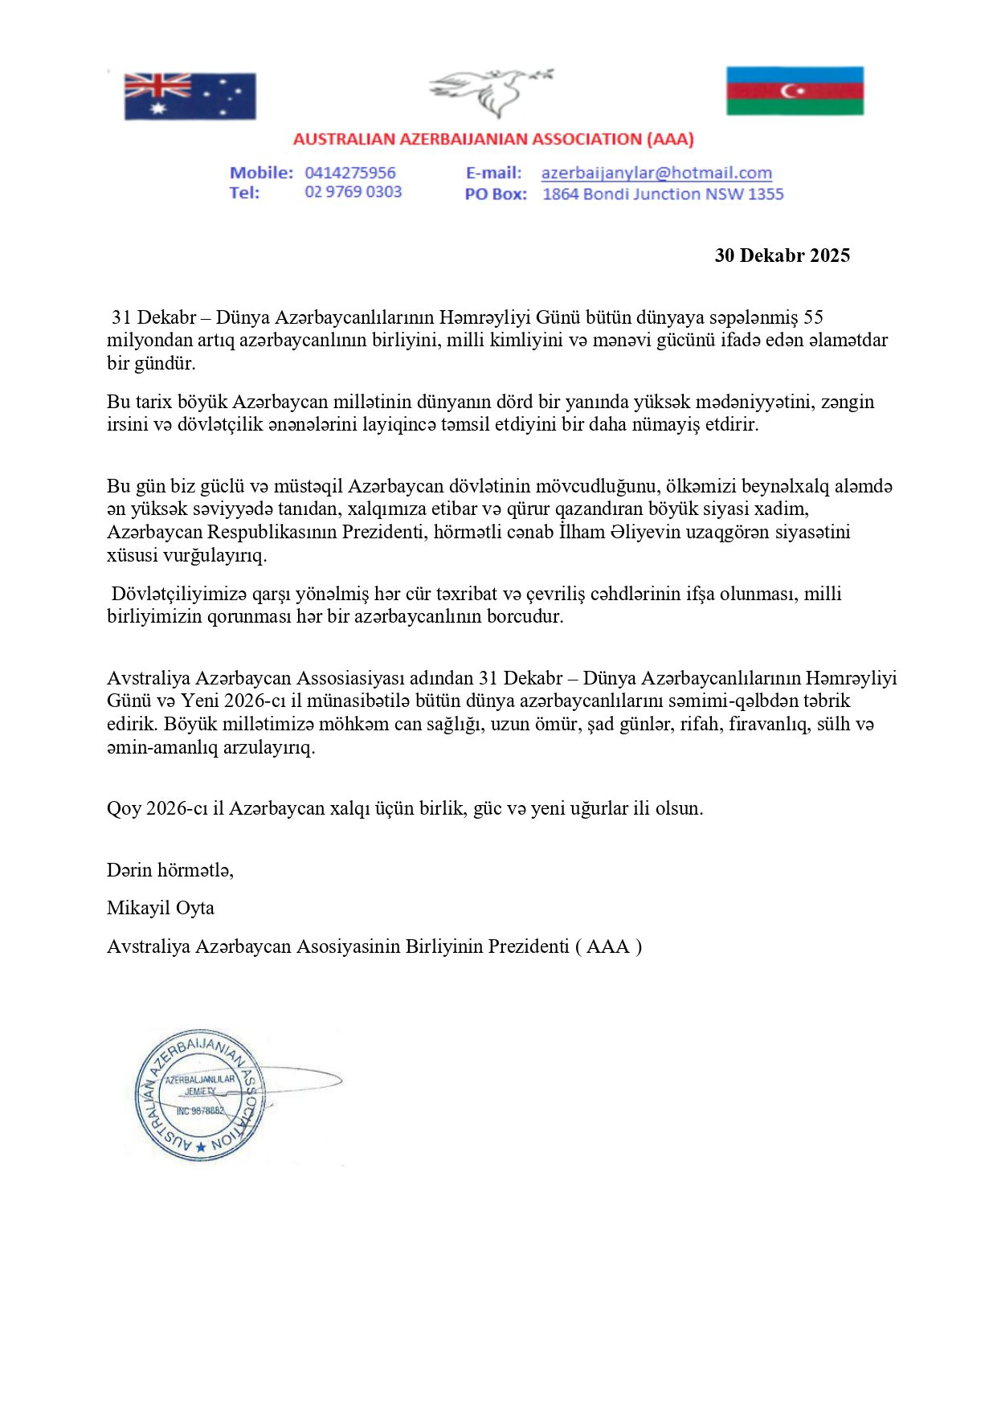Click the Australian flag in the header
coord(190,96)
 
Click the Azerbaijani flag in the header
coord(795,91)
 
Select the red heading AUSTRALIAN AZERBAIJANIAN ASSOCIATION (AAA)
coord(493,139)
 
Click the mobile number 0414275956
coord(350,173)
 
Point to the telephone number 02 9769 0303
coord(353,192)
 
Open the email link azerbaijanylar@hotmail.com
coord(656,173)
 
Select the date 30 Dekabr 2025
coord(782,255)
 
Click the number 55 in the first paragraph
coord(813,317)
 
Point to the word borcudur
coord(525,616)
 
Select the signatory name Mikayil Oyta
coord(161,908)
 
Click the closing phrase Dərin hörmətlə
coord(170,869)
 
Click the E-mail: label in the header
coord(493,173)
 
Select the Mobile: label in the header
coord(261,173)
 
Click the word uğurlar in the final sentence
coord(599,808)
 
